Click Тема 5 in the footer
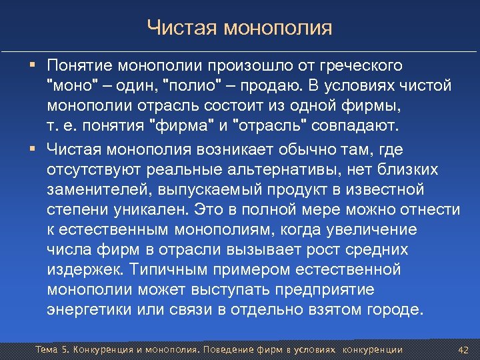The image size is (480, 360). point(51,349)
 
